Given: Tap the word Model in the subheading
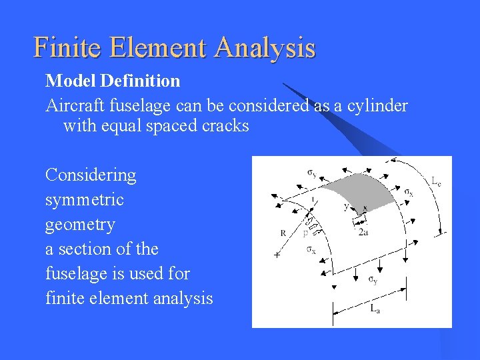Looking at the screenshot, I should (x=67, y=81).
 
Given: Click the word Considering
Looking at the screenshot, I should (x=91, y=176).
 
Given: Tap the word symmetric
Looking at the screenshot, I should (x=85, y=200).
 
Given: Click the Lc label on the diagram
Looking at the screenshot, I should (x=435, y=181).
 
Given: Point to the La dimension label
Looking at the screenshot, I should (x=375, y=309).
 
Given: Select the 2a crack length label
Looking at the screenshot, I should (x=363, y=232).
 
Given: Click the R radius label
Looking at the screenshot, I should (x=284, y=233).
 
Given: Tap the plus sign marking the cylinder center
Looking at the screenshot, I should (x=277, y=255).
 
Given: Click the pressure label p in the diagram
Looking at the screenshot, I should (x=305, y=233).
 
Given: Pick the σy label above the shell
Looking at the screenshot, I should (x=312, y=173).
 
